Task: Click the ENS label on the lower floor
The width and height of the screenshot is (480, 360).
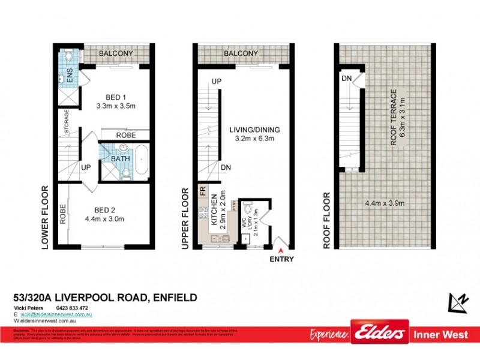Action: pyautogui.click(x=70, y=77)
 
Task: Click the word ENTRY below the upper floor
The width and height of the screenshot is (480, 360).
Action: pyautogui.click(x=282, y=259)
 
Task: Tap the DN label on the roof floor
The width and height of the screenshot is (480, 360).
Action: pyautogui.click(x=346, y=79)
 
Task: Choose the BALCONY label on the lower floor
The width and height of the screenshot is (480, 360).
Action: pyautogui.click(x=116, y=53)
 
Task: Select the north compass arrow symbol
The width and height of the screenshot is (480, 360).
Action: pyautogui.click(x=457, y=302)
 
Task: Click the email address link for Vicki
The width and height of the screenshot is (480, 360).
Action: pyautogui.click(x=56, y=314)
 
